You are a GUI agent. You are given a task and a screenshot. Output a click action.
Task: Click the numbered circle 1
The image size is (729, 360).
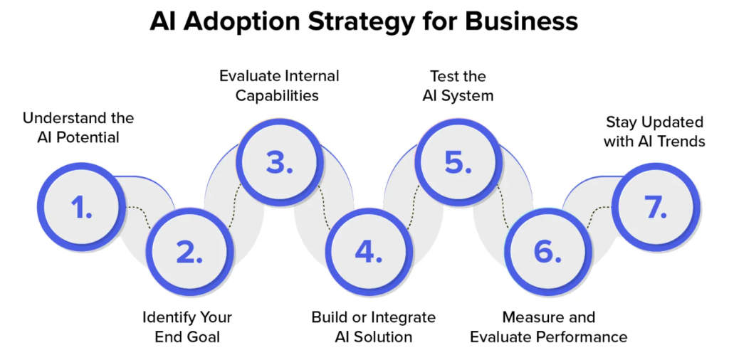pos(82,207)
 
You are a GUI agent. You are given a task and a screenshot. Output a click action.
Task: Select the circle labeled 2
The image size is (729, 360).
pos(189,253)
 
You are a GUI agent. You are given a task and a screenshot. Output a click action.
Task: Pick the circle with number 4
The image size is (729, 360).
pos(369,253)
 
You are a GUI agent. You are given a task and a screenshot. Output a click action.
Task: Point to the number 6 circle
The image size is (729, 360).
pos(548,253)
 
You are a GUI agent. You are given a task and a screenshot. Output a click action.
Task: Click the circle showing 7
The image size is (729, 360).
pos(656,207)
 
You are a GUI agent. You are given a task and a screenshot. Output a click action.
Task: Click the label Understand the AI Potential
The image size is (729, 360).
pos(78,128)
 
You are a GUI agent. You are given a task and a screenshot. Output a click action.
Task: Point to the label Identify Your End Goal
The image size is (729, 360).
pos(187,327)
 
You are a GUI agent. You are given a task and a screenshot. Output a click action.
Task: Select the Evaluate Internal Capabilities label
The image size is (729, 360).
pos(279,85)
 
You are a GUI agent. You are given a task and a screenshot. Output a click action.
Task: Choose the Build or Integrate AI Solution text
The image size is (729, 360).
pos(373,327)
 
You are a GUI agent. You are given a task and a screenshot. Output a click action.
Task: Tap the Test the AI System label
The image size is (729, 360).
pos(458,85)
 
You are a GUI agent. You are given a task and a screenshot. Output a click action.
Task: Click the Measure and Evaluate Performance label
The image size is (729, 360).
pos(549,327)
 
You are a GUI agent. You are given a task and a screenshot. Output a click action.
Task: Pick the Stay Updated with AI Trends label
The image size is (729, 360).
pos(655,132)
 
